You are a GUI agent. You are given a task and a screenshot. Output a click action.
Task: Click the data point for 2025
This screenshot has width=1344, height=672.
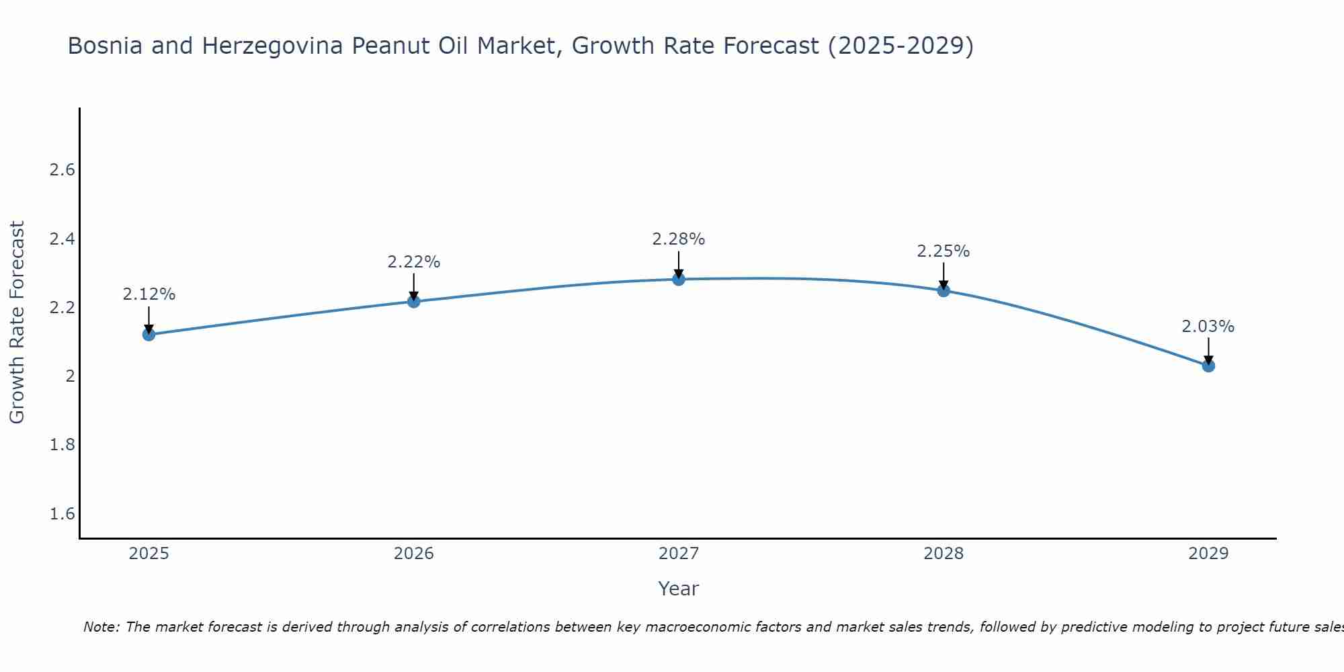tap(149, 334)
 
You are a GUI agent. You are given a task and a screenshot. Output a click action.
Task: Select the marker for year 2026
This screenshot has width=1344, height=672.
tap(414, 301)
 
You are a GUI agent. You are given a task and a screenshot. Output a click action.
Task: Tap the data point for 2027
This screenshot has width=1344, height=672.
tap(679, 279)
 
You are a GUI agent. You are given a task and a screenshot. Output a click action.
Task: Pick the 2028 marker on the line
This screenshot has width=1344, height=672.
tap(943, 290)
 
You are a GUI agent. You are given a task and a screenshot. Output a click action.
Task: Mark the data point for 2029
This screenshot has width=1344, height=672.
tap(1208, 366)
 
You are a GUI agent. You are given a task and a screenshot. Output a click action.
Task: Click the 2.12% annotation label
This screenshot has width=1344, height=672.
tap(149, 294)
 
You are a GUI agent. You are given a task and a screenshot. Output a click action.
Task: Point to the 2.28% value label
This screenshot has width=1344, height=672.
tap(679, 239)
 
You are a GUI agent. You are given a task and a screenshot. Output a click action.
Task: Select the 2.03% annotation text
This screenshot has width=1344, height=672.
tap(1208, 327)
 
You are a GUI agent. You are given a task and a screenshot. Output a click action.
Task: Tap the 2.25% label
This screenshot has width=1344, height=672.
tap(943, 251)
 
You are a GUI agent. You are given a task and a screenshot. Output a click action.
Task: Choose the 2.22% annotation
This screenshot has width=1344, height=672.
tap(414, 262)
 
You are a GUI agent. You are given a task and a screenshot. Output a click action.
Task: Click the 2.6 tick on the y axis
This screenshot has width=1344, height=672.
tap(62, 170)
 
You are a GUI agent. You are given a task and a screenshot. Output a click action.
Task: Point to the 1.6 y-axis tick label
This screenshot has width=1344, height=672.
tap(62, 514)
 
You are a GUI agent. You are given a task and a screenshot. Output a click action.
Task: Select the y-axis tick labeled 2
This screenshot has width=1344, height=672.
tap(70, 376)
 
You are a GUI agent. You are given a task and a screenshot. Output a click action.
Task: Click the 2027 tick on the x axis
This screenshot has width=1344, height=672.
tap(679, 554)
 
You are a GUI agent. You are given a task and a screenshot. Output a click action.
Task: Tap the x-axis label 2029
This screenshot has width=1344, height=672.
tap(1208, 554)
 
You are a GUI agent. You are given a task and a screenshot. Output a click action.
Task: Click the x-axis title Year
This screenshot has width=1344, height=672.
tap(679, 589)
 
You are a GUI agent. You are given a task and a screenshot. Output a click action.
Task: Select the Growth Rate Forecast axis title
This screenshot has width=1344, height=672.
tap(17, 323)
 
